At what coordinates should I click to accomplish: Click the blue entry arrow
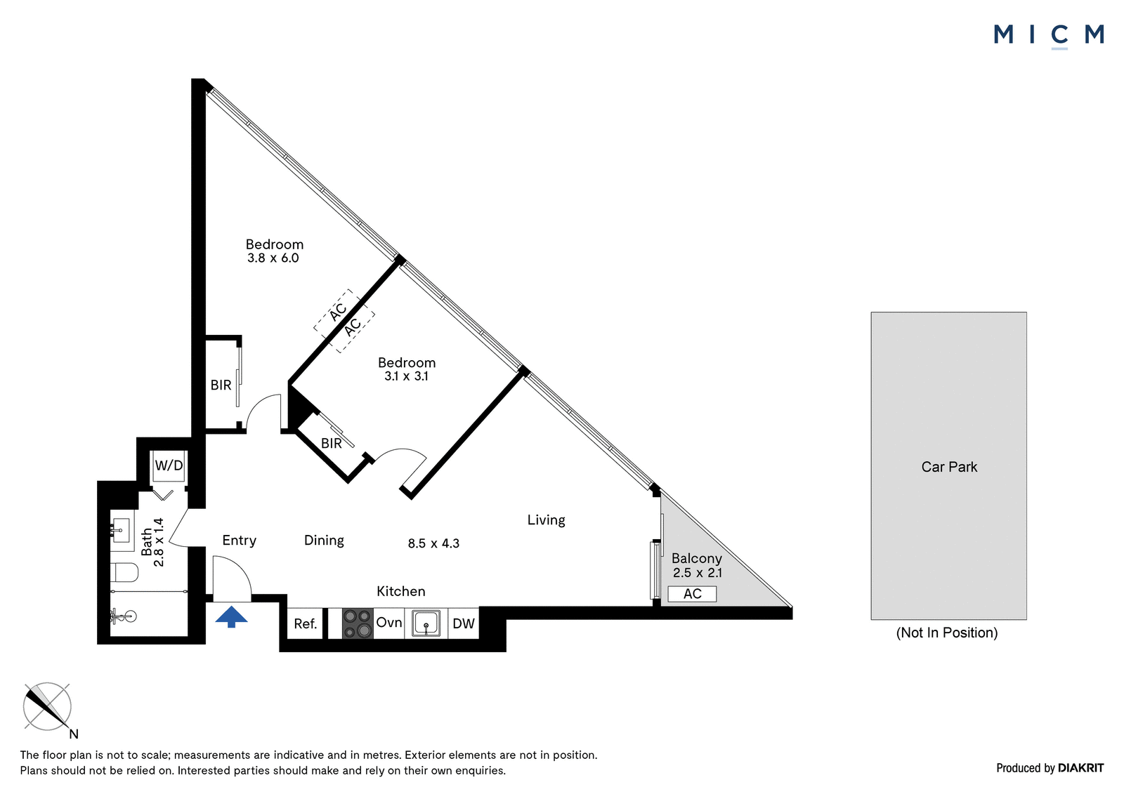[231, 616]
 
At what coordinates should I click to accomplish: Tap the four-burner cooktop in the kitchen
[358, 623]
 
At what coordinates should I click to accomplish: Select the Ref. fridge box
[305, 623]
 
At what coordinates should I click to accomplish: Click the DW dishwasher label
[464, 623]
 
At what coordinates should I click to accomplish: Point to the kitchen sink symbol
[426, 623]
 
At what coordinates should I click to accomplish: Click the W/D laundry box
[169, 466]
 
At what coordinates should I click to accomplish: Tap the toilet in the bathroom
[124, 572]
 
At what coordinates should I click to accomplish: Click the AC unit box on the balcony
[692, 594]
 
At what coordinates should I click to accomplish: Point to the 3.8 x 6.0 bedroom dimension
[273, 258]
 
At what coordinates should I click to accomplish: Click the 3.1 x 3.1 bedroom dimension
[406, 376]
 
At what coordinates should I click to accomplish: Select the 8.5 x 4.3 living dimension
[433, 543]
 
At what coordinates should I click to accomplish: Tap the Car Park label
[949, 467]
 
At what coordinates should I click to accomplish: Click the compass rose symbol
[47, 706]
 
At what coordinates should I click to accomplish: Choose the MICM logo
[1049, 36]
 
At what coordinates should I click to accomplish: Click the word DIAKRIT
[1081, 768]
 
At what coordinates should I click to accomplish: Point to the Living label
[546, 520]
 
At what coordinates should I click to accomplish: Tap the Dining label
[324, 541]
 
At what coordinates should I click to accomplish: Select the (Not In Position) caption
[947, 633]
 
